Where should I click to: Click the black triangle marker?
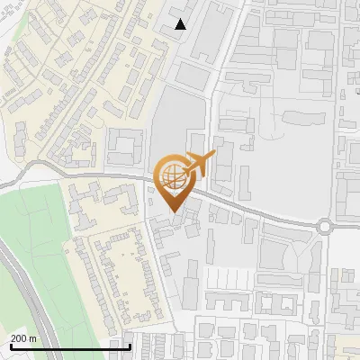click(181, 24)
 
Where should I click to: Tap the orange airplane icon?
click(199, 164)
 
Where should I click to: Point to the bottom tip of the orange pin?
click(173, 212)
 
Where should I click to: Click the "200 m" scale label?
click(23, 338)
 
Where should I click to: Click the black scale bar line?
click(70, 346)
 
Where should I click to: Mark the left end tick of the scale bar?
click(10, 346)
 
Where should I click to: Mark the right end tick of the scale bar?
click(130, 346)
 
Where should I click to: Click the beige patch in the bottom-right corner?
click(346, 346)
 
